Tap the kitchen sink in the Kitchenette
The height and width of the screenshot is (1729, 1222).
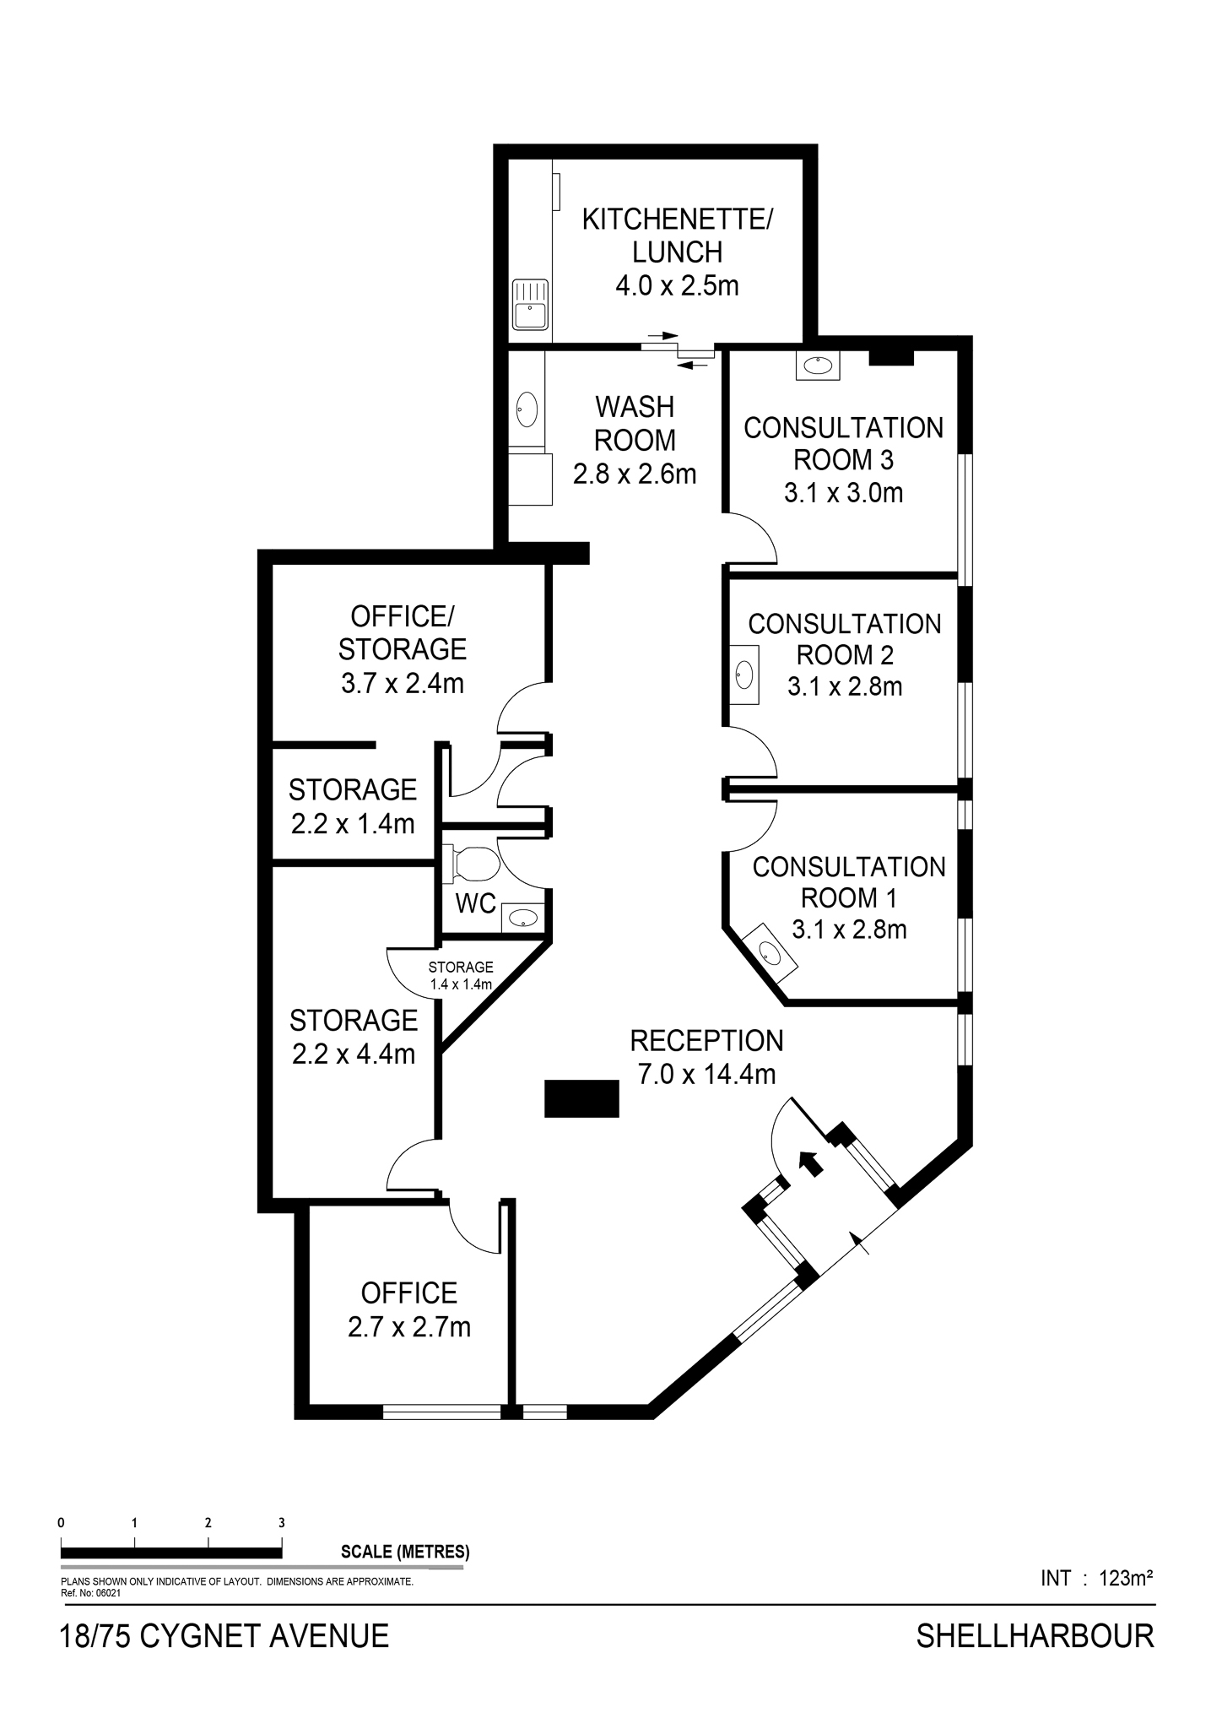pos(530,305)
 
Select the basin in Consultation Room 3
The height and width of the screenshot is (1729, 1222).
pos(818,366)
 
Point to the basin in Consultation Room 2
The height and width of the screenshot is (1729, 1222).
pos(744,674)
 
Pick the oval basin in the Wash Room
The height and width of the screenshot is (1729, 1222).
pos(527,409)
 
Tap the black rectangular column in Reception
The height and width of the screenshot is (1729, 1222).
pos(581,1098)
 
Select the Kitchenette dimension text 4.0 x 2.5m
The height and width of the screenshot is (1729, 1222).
pos(677,285)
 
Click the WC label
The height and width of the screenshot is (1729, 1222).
pos(476,903)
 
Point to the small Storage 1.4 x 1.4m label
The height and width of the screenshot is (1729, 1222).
pos(461,975)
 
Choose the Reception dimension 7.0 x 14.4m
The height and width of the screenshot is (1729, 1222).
pos(706,1074)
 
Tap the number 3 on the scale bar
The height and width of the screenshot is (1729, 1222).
pos(282,1523)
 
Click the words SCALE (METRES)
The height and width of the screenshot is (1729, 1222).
pos(405,1551)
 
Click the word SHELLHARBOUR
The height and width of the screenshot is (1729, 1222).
pos(1035,1636)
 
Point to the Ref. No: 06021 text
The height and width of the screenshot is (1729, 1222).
pos(91,1593)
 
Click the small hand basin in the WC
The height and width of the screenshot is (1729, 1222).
pos(523,918)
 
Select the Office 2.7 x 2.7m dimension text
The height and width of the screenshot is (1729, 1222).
pos(409,1327)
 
